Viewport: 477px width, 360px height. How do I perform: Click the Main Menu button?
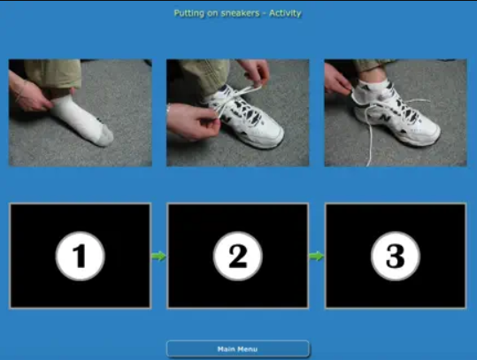238,349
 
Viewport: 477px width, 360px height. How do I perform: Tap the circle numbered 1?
81,256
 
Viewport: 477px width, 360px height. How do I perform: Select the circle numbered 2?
238,256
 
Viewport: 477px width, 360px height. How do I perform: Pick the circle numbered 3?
396,256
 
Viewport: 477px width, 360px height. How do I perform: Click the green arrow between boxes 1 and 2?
158,256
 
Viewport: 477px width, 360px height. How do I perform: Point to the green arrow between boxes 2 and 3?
317,256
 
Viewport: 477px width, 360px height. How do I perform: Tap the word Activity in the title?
285,13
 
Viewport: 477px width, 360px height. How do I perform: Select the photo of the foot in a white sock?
81,113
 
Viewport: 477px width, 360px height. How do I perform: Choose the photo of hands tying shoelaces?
238,113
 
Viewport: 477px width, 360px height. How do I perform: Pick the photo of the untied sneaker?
396,113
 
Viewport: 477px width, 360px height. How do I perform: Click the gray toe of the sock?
105,135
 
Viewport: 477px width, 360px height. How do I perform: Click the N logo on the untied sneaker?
386,118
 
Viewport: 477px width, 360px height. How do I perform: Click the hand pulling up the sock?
29,93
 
